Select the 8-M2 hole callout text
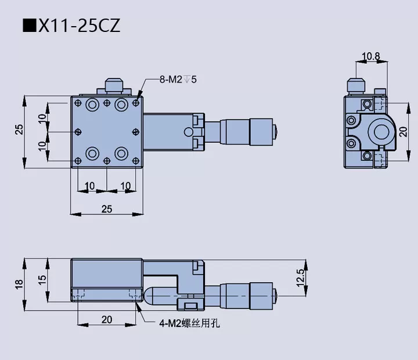(x=179, y=79)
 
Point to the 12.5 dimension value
(x=300, y=279)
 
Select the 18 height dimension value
(x=19, y=284)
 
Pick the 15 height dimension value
(x=42, y=279)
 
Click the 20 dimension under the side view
(x=107, y=319)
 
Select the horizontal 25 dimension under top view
(x=107, y=209)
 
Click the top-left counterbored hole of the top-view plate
(x=92, y=105)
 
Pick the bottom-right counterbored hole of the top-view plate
(x=121, y=153)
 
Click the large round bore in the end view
(x=381, y=132)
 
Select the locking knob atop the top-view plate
(x=114, y=86)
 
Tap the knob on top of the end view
(x=355, y=85)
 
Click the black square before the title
(x=30, y=26)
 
